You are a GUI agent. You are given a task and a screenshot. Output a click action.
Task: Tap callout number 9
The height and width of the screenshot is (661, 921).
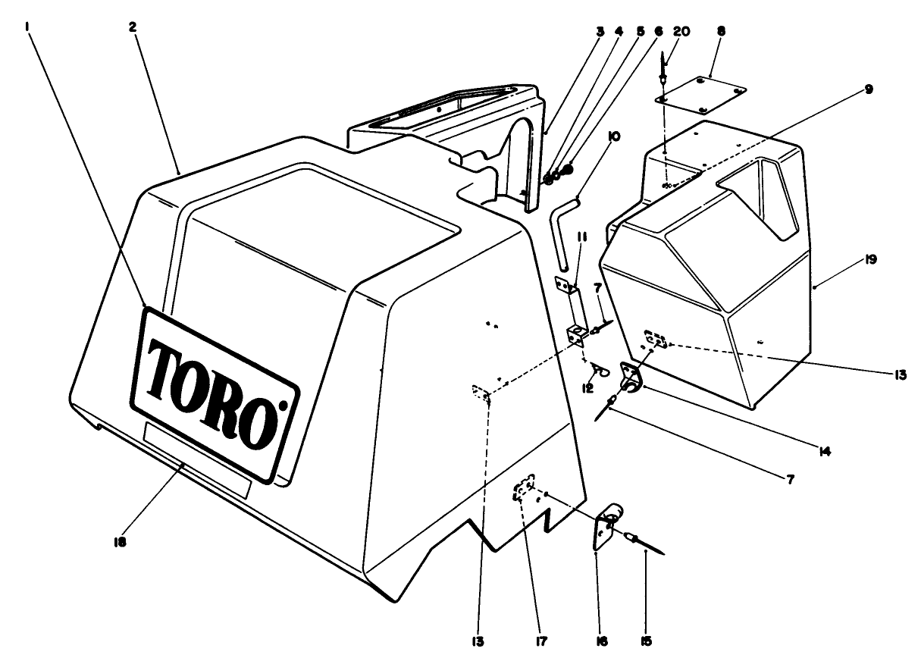click(x=867, y=89)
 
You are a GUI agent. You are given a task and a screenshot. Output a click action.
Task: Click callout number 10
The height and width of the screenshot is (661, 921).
click(x=613, y=136)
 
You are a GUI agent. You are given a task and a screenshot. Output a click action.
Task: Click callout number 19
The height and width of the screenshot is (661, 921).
click(x=869, y=259)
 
